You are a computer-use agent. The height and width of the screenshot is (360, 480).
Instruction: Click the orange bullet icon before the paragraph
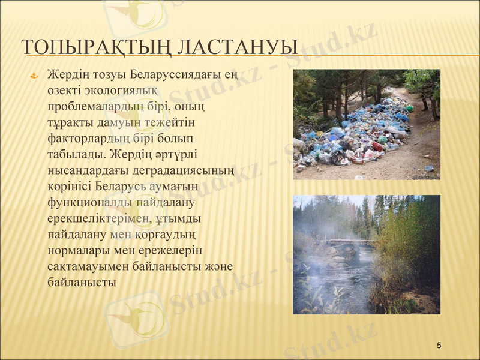pyautogui.click(x=34, y=76)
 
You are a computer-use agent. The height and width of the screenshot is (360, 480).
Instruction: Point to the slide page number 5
pyautogui.click(x=439, y=345)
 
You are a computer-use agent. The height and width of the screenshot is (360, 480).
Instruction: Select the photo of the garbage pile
pyautogui.click(x=366, y=124)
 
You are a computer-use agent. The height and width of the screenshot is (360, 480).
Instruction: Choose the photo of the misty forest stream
pyautogui.click(x=366, y=254)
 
